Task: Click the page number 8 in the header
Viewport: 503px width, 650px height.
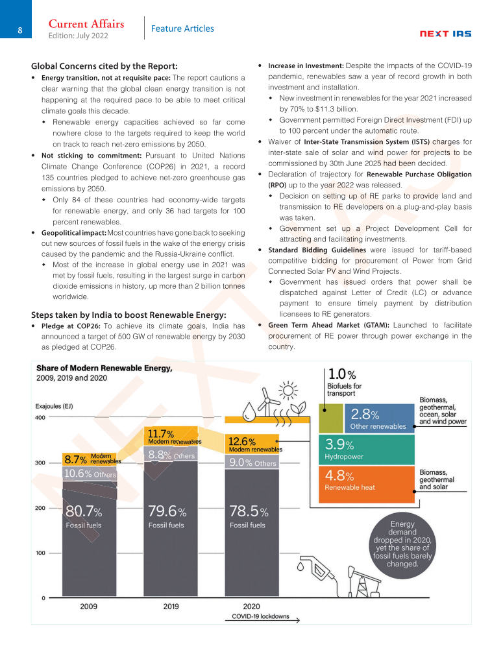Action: (x=20, y=30)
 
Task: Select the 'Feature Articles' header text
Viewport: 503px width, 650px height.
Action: (x=182, y=29)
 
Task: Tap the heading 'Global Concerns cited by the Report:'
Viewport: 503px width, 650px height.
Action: (x=104, y=66)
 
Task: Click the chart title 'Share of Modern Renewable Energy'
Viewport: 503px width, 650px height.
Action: (x=104, y=368)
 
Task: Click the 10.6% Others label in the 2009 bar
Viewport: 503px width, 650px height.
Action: (x=90, y=474)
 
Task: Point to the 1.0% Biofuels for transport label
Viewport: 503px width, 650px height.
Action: (x=345, y=383)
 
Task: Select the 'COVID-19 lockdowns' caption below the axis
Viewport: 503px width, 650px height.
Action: (x=261, y=616)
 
